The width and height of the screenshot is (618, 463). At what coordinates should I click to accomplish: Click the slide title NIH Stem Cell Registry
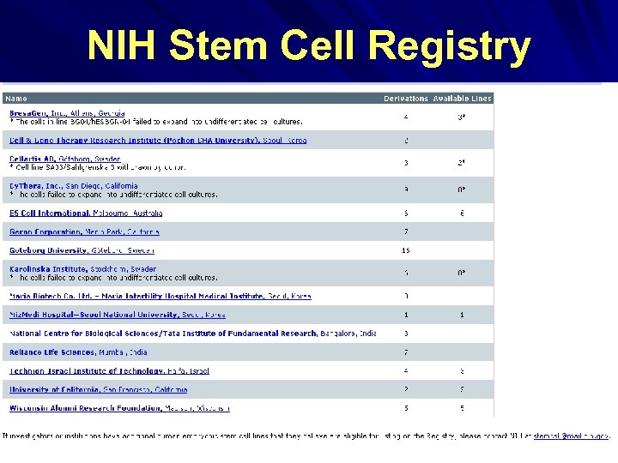tap(309, 47)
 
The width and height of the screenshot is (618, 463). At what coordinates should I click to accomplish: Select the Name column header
tap(17, 99)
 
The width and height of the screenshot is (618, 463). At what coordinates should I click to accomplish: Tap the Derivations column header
tap(405, 99)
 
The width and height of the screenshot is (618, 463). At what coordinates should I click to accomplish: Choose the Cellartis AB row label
tap(39, 159)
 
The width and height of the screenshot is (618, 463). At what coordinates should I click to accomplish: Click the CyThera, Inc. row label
tap(43, 185)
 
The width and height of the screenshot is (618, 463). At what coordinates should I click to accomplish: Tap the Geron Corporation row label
tap(47, 231)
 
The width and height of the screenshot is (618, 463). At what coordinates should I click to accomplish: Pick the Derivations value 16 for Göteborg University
tap(406, 250)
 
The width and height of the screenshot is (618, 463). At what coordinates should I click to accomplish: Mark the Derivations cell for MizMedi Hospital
tap(406, 315)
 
